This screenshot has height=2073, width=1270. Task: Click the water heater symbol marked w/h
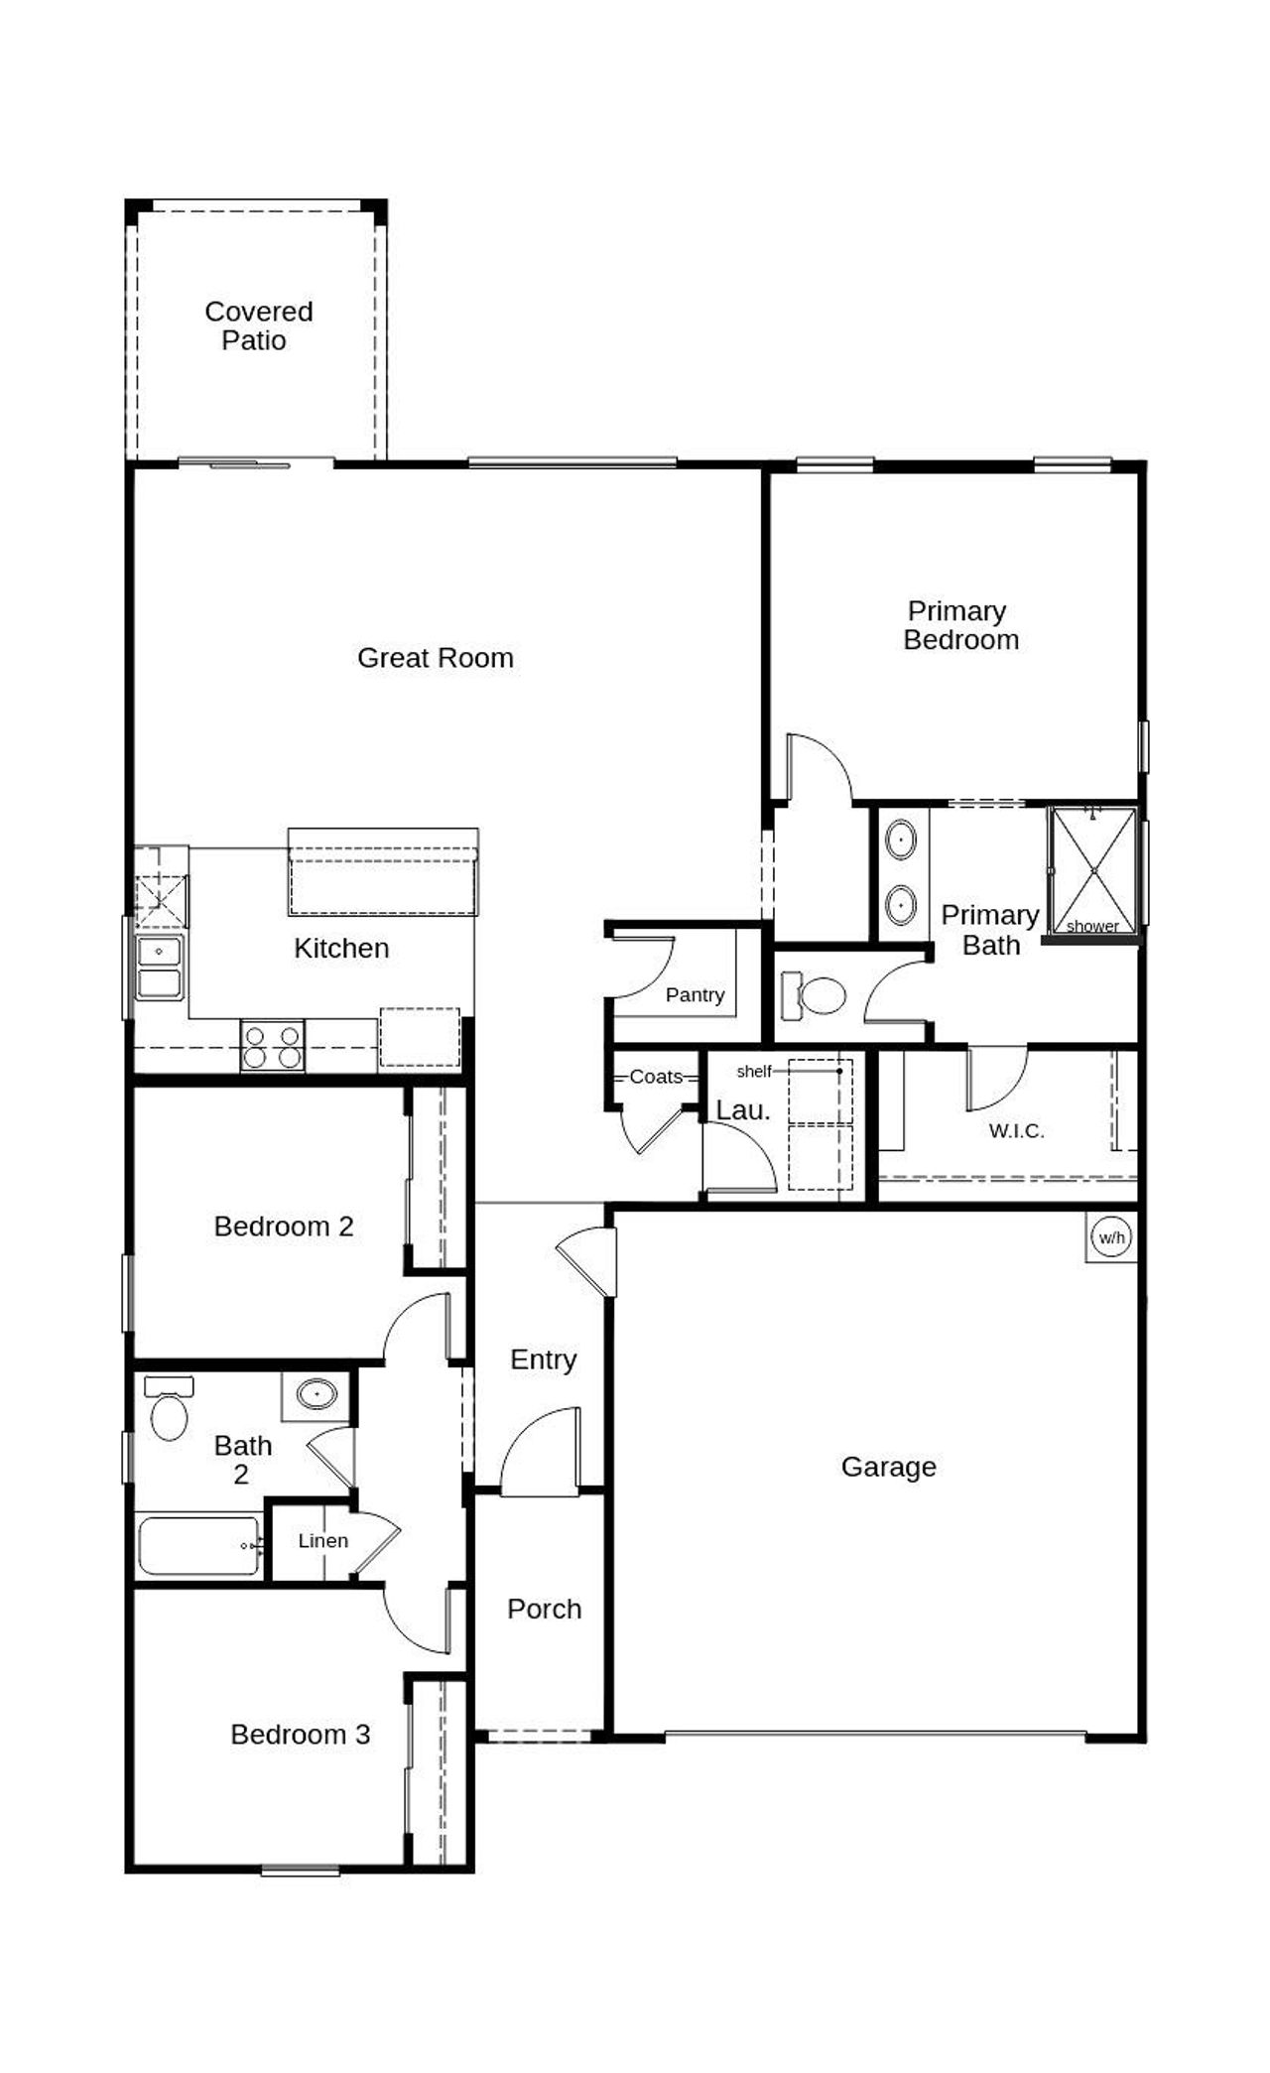(x=1111, y=1237)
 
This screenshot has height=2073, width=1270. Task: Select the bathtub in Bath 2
(x=198, y=1545)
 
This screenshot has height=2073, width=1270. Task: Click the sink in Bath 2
(x=317, y=1393)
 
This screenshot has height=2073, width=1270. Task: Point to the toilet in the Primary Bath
(x=815, y=995)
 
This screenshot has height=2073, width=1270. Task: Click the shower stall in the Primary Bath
(x=1093, y=870)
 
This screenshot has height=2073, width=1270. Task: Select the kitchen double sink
(x=160, y=967)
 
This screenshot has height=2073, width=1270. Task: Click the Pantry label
(x=695, y=994)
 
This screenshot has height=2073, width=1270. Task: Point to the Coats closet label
(x=656, y=1077)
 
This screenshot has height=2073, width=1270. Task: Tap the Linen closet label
(x=323, y=1541)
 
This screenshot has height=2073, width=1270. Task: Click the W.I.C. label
(x=1016, y=1130)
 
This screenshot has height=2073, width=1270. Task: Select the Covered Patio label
(x=258, y=325)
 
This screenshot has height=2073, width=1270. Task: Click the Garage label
(x=888, y=1467)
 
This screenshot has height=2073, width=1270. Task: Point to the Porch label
(x=544, y=1609)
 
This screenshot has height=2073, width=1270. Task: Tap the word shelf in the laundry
(x=754, y=1072)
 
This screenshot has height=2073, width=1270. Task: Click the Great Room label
(x=435, y=658)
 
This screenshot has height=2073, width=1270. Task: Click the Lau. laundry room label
(x=743, y=1110)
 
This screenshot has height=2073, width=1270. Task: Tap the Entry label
(x=543, y=1360)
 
